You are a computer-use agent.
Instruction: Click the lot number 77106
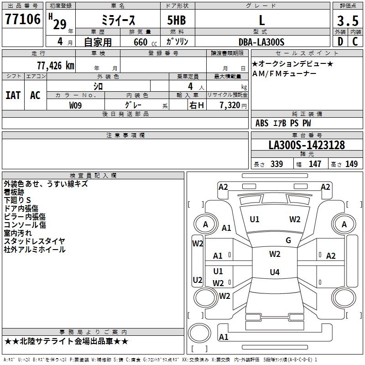click(x=23, y=19)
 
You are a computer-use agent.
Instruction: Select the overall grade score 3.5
click(x=348, y=21)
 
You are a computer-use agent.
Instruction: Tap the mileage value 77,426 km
click(x=56, y=66)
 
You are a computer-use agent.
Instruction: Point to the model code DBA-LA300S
click(x=261, y=42)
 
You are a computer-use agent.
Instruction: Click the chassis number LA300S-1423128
click(x=307, y=145)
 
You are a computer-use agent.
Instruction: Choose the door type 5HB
click(x=177, y=20)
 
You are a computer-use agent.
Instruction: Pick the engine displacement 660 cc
click(x=145, y=42)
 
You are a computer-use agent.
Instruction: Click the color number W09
click(x=75, y=105)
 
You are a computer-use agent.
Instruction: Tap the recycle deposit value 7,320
click(x=230, y=105)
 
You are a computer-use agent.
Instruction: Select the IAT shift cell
click(x=13, y=95)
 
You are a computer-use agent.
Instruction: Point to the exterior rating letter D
click(x=340, y=42)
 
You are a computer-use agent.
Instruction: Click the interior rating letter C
click(x=355, y=42)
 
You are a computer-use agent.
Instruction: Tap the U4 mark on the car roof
click(x=275, y=272)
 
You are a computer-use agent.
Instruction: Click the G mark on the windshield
click(x=288, y=240)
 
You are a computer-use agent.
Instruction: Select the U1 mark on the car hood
click(x=255, y=219)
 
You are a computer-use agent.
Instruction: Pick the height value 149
click(x=351, y=164)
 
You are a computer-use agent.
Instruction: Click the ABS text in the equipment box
click(x=262, y=123)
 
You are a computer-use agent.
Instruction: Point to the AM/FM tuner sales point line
click(x=284, y=73)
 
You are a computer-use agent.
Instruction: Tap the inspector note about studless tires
click(x=35, y=241)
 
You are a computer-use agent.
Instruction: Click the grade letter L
click(x=262, y=20)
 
